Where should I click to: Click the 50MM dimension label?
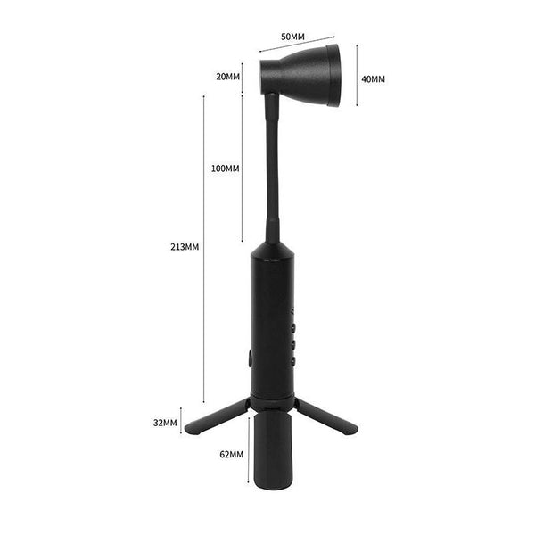pos(292,37)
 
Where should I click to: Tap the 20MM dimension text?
pos(228,77)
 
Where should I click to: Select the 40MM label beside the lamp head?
pos(374,79)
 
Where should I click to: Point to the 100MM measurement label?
pos(226,169)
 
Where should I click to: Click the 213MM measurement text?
pos(185,247)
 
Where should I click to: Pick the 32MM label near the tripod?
pos(165,423)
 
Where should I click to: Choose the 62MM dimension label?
pos(232,455)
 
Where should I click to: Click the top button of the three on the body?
pos(293,328)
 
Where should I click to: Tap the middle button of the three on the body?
pos(293,344)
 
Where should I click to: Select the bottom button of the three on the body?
pos(293,361)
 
